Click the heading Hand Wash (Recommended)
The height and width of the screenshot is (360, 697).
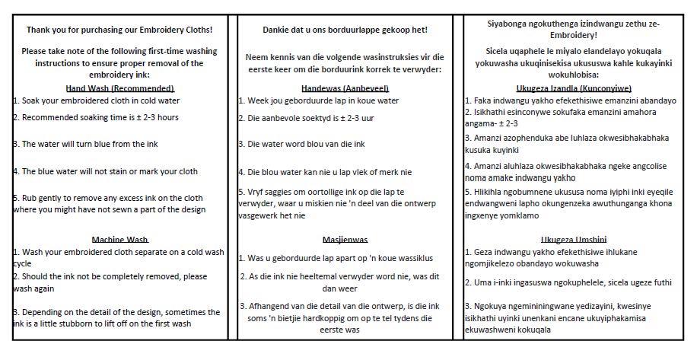click(x=120, y=88)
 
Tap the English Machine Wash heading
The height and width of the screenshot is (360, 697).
click(x=120, y=240)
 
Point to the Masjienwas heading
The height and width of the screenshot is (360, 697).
click(x=344, y=238)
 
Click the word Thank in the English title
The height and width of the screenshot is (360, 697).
click(x=40, y=30)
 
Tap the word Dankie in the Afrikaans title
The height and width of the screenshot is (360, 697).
click(x=275, y=30)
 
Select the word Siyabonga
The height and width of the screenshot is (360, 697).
click(x=511, y=24)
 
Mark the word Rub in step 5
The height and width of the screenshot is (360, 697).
click(x=29, y=198)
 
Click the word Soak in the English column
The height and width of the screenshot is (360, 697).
click(x=32, y=100)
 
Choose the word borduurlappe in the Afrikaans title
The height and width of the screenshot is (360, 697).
click(x=353, y=30)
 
